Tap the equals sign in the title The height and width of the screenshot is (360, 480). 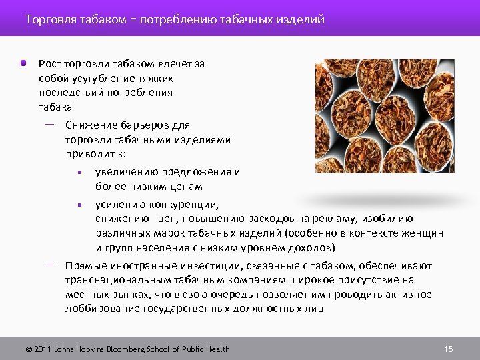[133, 20]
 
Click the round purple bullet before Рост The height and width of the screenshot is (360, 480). [23, 63]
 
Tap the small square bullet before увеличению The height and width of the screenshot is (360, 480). [79, 172]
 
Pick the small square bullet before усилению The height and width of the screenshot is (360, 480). [79, 204]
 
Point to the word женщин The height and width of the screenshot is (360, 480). [425, 233]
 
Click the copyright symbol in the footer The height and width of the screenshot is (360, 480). [28, 349]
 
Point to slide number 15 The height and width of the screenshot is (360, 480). [448, 349]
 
